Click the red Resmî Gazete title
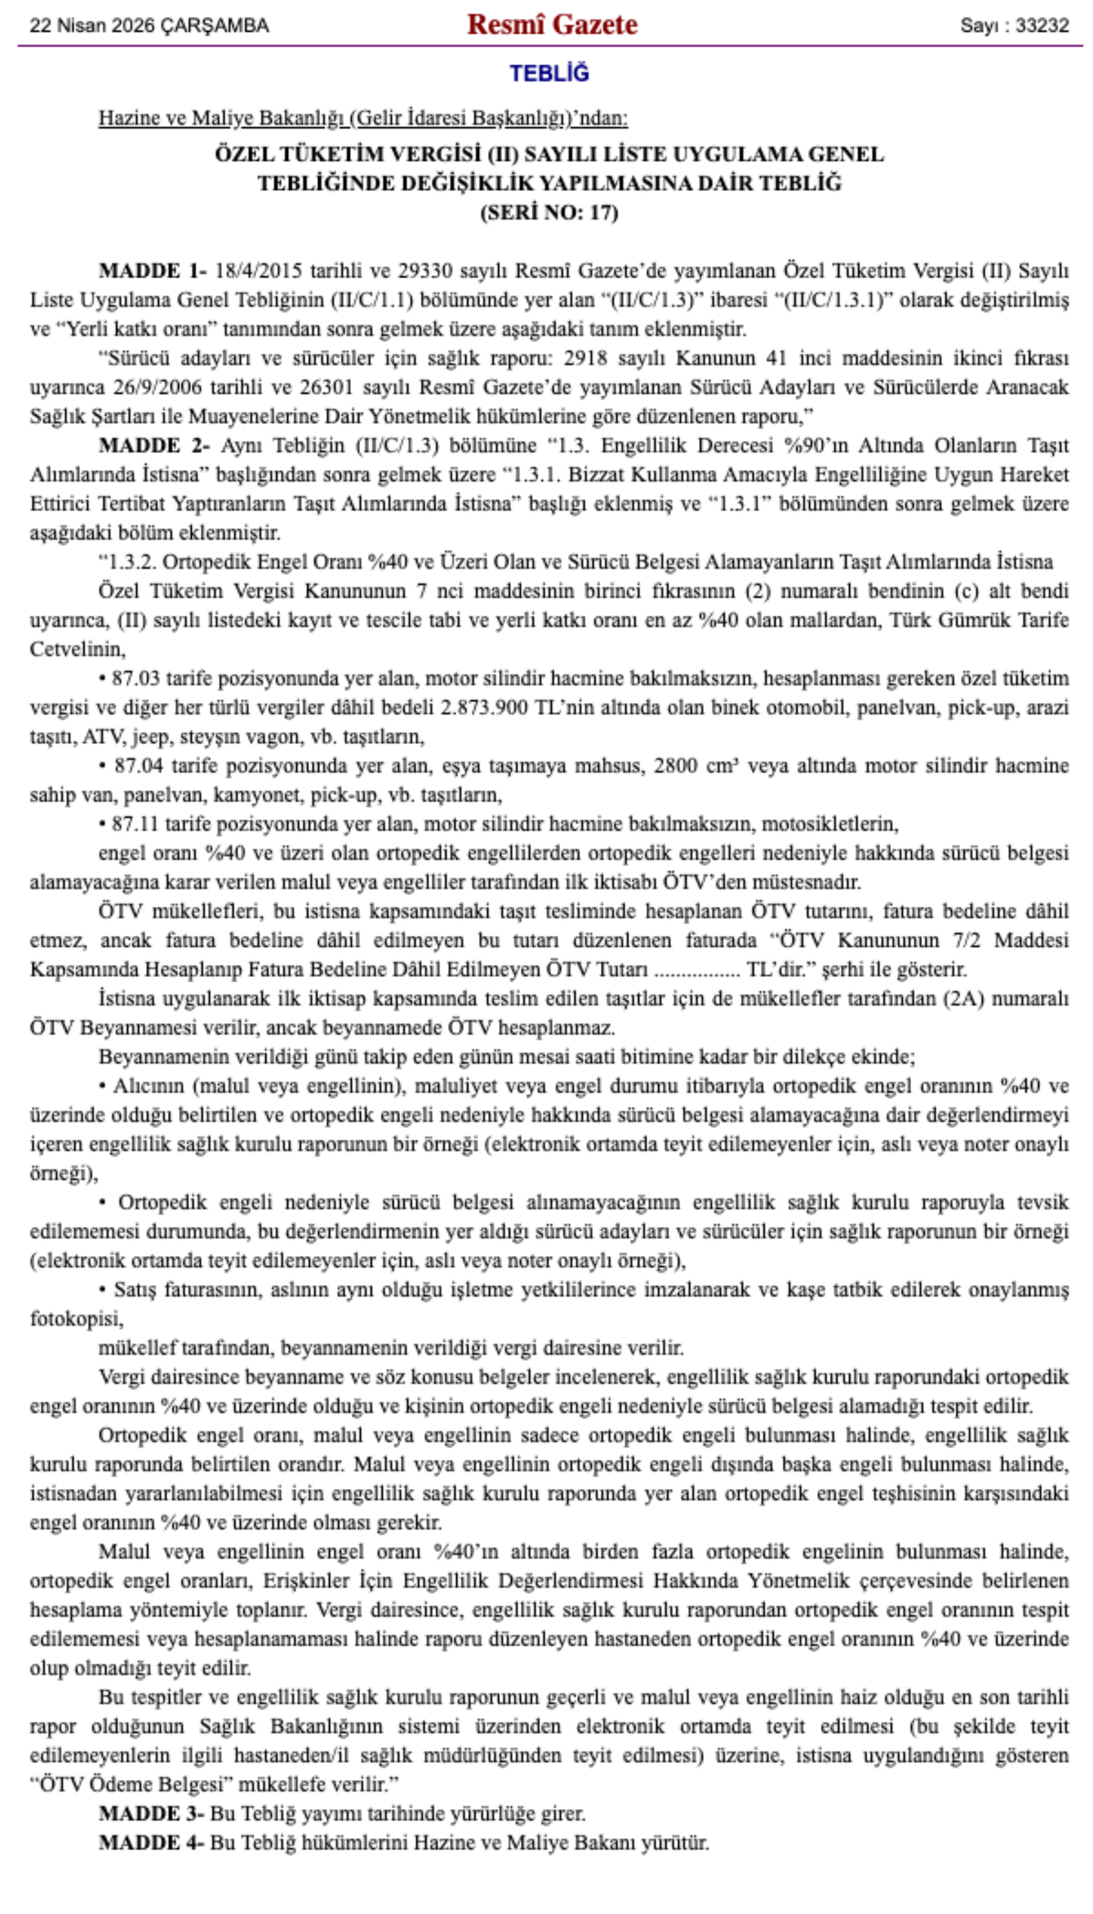[552, 25]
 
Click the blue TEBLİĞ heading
[550, 73]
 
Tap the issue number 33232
[1042, 26]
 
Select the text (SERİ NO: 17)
[550, 212]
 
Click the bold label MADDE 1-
[152, 270]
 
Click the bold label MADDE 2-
[154, 445]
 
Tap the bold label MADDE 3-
[150, 1814]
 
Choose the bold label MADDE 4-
[150, 1843]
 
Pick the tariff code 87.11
[135, 824]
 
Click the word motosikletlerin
[829, 824]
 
